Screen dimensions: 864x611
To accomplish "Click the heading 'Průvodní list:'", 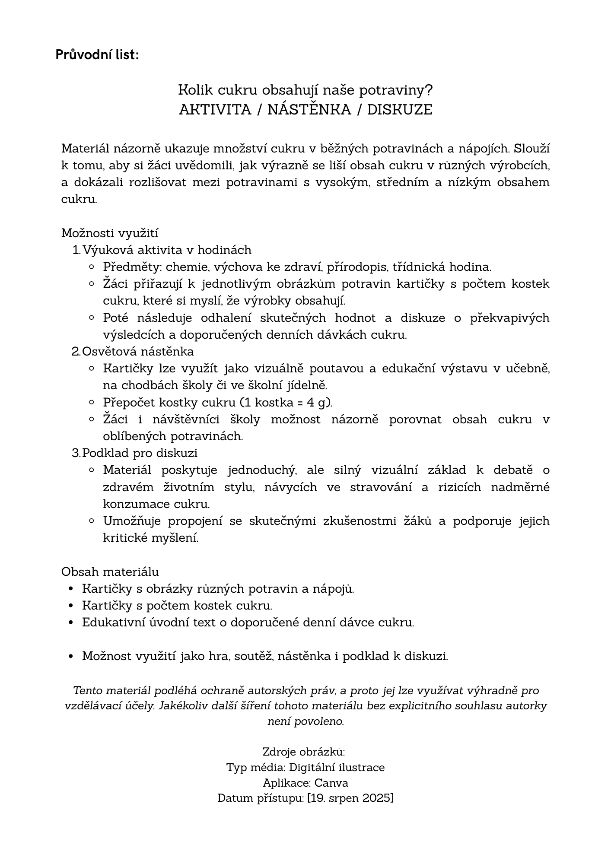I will coord(97,55).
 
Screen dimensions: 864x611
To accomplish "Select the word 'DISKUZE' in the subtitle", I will coord(400,110).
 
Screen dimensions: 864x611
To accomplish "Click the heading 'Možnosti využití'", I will coord(110,233).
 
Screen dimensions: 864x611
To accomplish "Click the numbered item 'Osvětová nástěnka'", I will coord(138,351).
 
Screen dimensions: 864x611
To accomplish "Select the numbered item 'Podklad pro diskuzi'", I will coord(140,453).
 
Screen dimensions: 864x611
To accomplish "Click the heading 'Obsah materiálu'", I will coord(110,572).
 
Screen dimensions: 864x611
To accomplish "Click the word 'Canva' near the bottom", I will coord(331,783).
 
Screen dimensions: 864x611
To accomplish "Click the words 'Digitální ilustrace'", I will coord(337,767).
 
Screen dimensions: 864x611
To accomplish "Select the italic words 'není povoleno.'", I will coord(305,721).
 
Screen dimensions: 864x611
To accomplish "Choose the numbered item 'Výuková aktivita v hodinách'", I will coord(167,250).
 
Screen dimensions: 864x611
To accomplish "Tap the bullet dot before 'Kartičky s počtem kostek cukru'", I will coord(71,606).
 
